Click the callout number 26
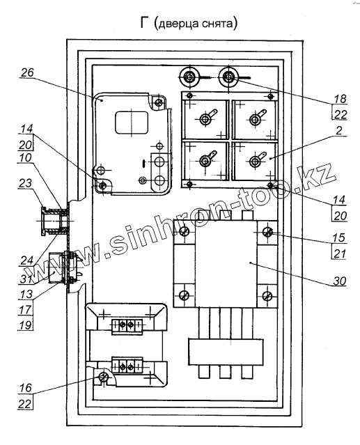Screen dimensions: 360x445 [28, 72]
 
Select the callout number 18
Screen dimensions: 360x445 [340, 99]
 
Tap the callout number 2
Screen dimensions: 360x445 [339, 131]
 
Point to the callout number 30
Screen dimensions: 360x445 [340, 281]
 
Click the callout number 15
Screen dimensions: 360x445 [339, 238]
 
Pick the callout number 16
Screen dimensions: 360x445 [26, 388]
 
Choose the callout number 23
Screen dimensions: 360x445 [25, 183]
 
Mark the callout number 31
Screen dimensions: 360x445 [26, 279]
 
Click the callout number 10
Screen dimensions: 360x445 [25, 158]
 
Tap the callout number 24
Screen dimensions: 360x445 [26, 260]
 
